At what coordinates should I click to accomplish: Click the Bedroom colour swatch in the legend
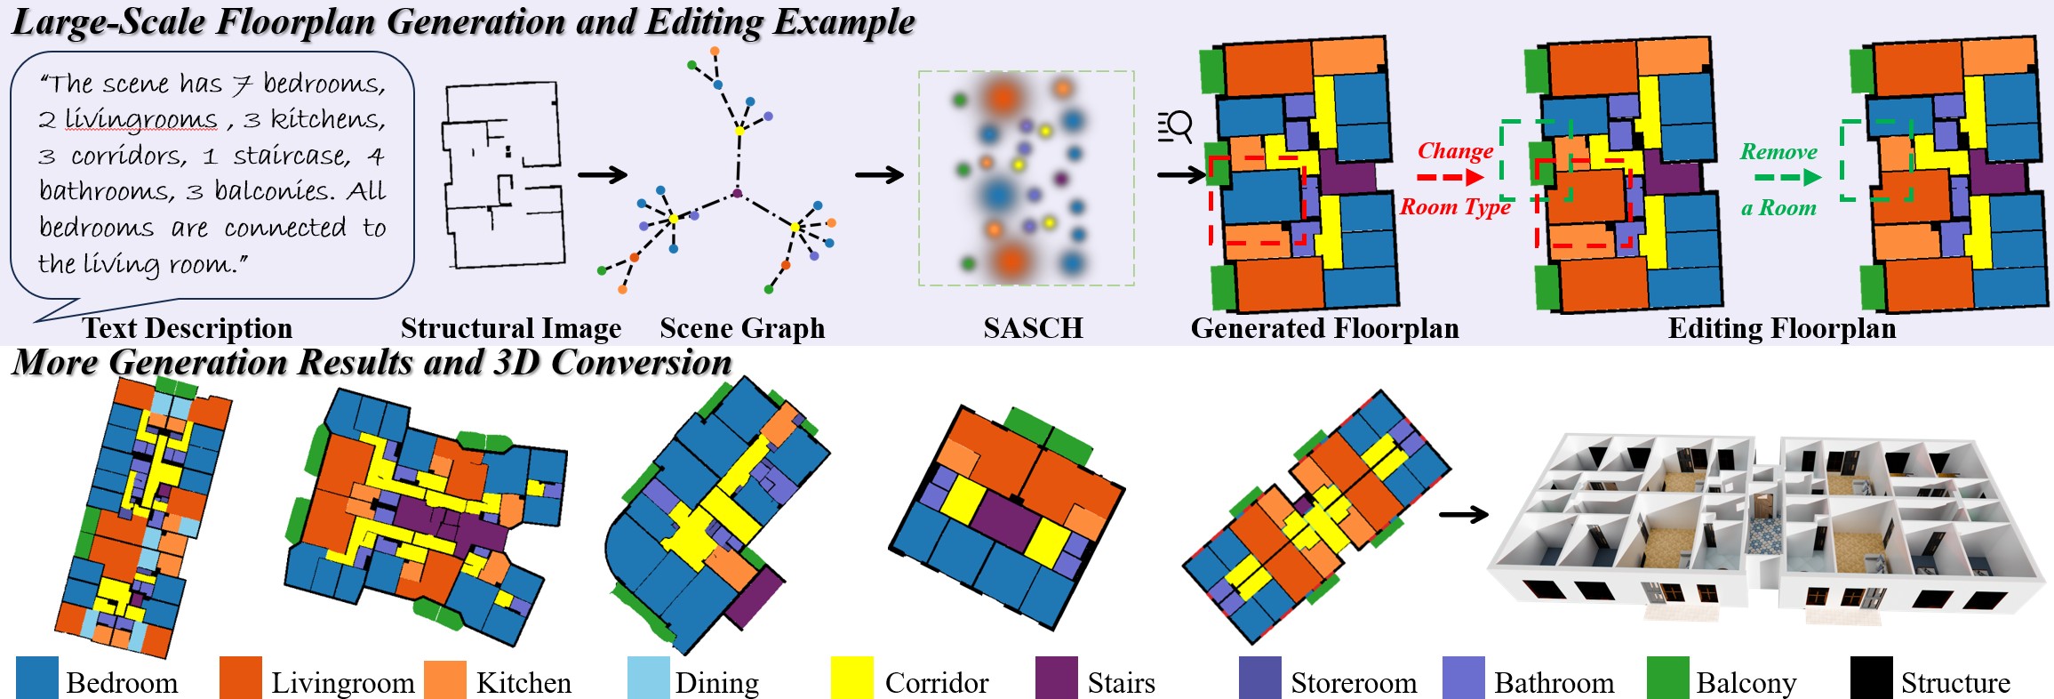[x=37, y=678]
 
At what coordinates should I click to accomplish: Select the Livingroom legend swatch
[x=241, y=678]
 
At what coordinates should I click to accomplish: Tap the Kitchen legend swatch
[x=445, y=679]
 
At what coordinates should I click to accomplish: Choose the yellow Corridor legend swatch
[x=852, y=678]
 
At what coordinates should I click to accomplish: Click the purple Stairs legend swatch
[x=1057, y=678]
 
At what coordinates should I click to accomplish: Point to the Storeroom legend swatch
[x=1260, y=678]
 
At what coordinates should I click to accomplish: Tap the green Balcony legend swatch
[x=1667, y=678]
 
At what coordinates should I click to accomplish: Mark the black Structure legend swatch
[x=1872, y=678]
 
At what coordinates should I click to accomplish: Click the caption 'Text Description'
[x=188, y=328]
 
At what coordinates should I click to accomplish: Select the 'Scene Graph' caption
[x=742, y=328]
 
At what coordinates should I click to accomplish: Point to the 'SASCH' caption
[x=1033, y=328]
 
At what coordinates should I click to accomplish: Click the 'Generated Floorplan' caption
[x=1324, y=328]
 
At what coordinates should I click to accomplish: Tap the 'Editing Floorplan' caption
[x=1781, y=328]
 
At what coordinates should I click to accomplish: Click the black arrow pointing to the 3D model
[x=1463, y=514]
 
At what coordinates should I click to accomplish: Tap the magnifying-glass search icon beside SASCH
[x=1175, y=127]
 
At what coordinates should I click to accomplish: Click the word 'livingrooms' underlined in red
[x=140, y=119]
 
